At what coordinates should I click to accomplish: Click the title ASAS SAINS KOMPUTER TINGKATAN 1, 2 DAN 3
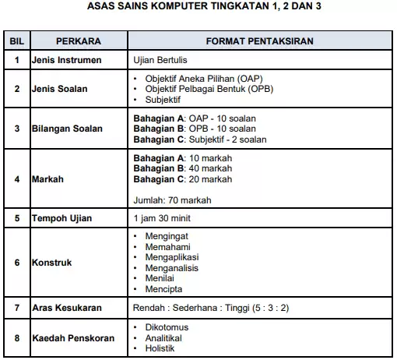(x=199, y=9)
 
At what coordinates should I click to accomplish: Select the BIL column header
(x=16, y=40)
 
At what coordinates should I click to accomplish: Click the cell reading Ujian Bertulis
(x=166, y=59)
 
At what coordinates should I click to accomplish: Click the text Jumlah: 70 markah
(x=172, y=199)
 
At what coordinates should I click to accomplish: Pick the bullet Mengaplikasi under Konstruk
(x=173, y=256)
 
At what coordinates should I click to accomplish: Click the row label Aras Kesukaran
(x=68, y=308)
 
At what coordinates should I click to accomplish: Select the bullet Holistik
(x=161, y=348)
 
